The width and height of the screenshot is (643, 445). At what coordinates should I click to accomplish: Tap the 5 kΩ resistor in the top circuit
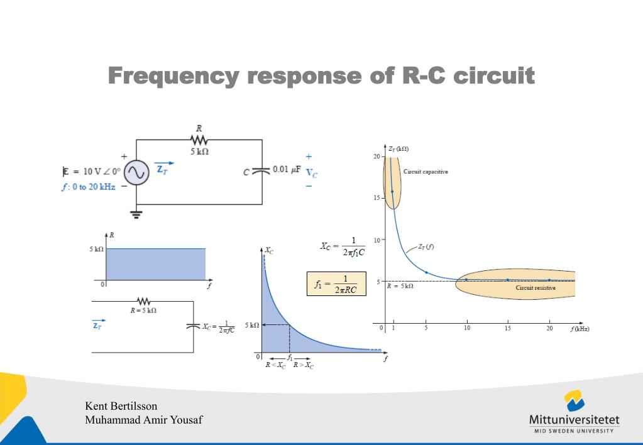tap(199, 140)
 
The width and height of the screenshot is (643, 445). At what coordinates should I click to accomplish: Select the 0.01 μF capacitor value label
tap(287, 170)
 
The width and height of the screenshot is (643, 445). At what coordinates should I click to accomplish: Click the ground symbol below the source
tap(136, 214)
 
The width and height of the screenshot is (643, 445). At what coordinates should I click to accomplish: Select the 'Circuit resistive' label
tap(536, 288)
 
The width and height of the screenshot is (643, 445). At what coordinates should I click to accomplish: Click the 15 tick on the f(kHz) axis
tap(507, 329)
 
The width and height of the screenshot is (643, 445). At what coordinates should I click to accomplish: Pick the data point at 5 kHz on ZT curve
tap(426, 272)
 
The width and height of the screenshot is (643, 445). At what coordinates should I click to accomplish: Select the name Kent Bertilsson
tap(121, 405)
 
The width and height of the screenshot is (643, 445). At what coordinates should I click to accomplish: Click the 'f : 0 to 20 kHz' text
tap(88, 187)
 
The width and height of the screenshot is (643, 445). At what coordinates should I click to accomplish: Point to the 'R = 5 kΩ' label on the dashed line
tap(400, 286)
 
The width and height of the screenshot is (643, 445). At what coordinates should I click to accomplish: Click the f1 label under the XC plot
tap(290, 358)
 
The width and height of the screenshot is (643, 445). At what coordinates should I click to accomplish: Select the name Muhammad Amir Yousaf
tap(143, 420)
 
